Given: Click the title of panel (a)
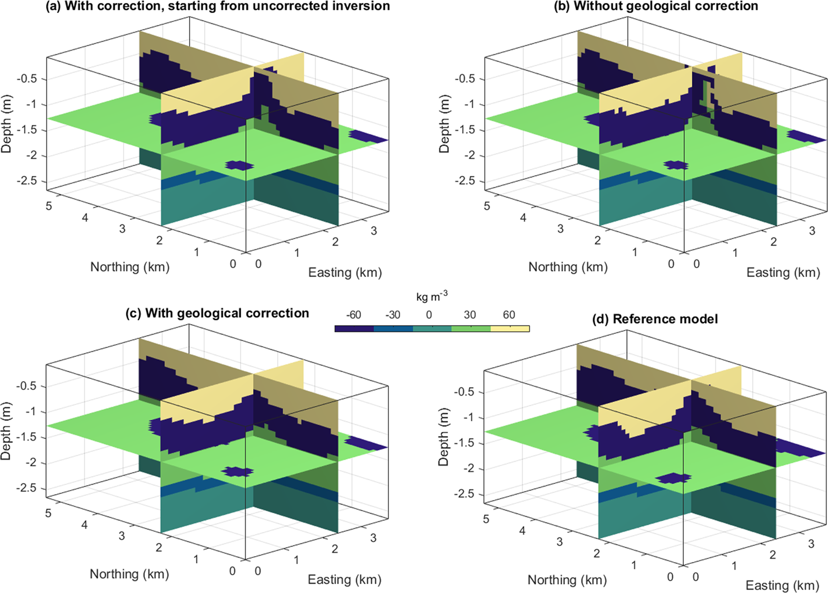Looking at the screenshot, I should click(218, 6).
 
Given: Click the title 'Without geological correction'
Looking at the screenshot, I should click(656, 6).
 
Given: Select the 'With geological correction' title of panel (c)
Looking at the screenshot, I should click(218, 313).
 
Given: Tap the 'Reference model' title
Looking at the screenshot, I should click(655, 319).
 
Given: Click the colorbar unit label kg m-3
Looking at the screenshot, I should click(432, 297).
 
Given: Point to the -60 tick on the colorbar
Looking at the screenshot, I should click(353, 315).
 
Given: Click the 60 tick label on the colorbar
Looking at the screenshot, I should click(509, 315).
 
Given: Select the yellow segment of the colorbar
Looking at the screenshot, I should click(510, 329).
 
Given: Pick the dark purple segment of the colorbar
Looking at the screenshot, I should click(354, 329).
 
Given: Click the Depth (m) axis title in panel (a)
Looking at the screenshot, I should click(6, 124).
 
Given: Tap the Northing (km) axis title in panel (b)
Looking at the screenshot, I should click(568, 267).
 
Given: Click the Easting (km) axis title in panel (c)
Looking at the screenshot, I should click(344, 580).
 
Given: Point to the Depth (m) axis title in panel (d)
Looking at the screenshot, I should click(443, 437).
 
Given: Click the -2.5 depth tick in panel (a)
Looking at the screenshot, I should click(26, 181).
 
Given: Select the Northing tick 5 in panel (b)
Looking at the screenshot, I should click(487, 206).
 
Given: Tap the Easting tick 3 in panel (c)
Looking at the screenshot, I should click(373, 538).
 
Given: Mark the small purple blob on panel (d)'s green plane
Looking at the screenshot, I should click(674, 478).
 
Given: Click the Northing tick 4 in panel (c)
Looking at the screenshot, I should click(84, 525).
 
